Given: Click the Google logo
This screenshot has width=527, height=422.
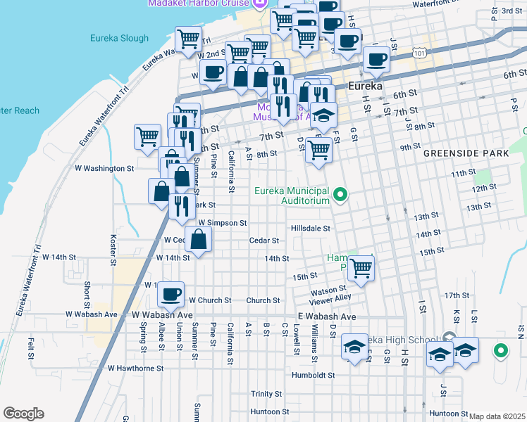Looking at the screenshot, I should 23,414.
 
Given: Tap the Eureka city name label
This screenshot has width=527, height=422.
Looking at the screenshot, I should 366,86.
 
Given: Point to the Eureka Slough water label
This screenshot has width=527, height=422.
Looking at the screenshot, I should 120,39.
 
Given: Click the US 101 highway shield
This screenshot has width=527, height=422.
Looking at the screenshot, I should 420,53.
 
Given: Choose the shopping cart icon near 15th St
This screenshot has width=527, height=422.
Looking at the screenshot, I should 361,269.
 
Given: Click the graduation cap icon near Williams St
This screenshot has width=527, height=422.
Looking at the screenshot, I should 355,347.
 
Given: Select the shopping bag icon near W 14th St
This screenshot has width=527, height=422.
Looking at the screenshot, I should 199,238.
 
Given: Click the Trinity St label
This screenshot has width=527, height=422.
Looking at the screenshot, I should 266,394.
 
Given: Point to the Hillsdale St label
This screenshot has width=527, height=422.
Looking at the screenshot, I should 311,229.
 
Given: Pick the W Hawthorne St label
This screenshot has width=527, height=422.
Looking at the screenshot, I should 135,368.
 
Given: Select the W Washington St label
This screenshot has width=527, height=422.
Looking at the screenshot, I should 104,169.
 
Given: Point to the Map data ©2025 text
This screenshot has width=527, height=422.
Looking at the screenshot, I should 497,416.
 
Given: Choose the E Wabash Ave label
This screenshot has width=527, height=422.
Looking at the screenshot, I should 326,317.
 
